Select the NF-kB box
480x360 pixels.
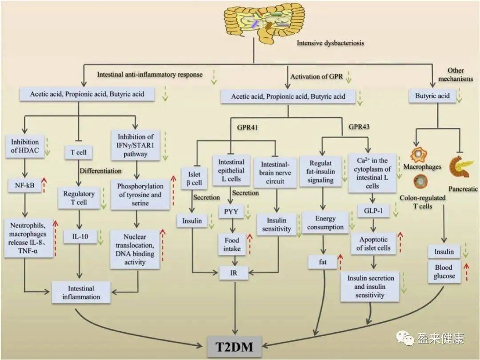point(24,185)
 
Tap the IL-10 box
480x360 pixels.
point(80,236)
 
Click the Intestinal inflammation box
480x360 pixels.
point(81,292)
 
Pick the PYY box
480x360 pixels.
point(231,212)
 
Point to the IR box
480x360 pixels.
point(234,272)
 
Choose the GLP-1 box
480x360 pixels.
point(373,211)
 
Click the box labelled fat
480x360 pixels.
point(323,262)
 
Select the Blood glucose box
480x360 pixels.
point(444,272)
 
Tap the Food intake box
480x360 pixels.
point(232,244)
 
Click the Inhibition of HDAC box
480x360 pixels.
point(25,146)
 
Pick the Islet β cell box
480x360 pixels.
point(194,179)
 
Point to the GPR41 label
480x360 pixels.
point(247,127)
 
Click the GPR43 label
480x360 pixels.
point(359,127)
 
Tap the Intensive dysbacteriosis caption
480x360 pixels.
point(330,43)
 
